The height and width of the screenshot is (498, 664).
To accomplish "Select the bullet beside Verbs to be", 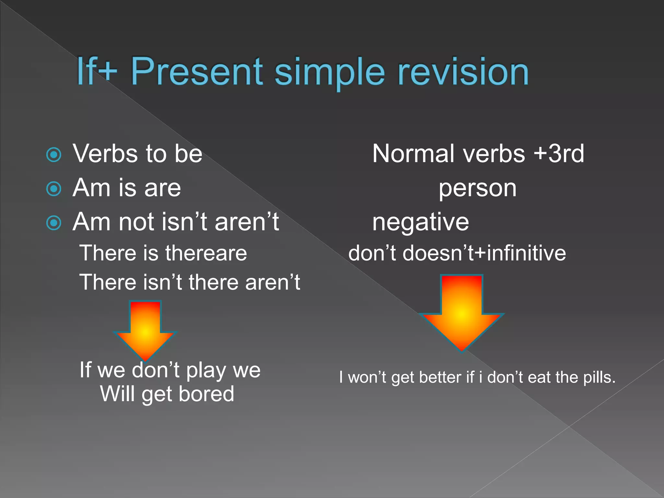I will point(54,155).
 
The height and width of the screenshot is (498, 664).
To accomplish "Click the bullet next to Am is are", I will point(54,189).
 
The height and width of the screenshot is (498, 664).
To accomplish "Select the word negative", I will point(421,222).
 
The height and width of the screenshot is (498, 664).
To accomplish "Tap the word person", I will point(477,189).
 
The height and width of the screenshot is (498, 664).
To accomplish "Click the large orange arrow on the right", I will point(462,311).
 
